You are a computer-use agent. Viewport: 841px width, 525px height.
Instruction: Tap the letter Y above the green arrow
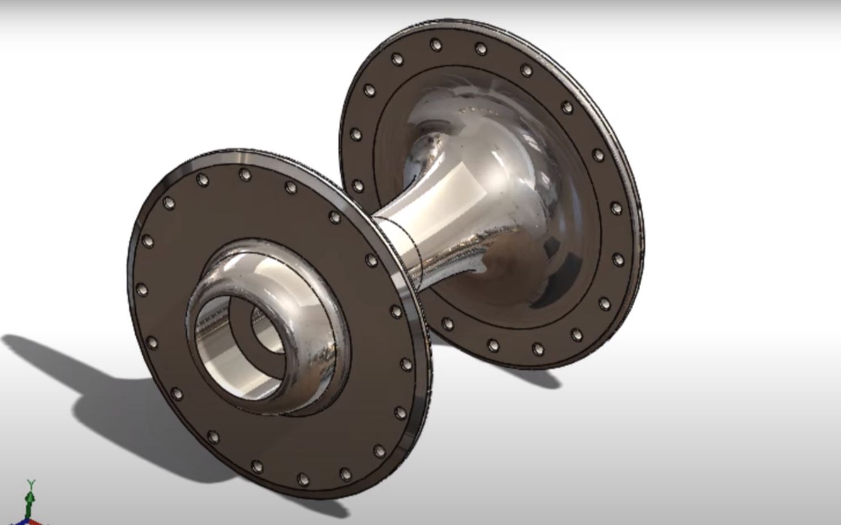click(x=31, y=484)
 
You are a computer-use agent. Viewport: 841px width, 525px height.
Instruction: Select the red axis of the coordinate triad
click(x=36, y=521)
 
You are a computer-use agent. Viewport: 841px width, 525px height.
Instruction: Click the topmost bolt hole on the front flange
click(x=244, y=174)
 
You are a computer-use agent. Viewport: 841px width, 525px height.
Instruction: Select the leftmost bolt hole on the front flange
click(x=142, y=290)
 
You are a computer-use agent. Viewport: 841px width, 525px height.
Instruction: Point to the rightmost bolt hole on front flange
click(x=406, y=364)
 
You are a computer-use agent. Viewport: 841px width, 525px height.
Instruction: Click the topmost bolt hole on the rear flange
click(x=436, y=44)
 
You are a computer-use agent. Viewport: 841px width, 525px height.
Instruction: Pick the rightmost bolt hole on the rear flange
click(x=619, y=260)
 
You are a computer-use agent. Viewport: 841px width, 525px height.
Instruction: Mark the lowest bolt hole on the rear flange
click(x=538, y=349)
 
